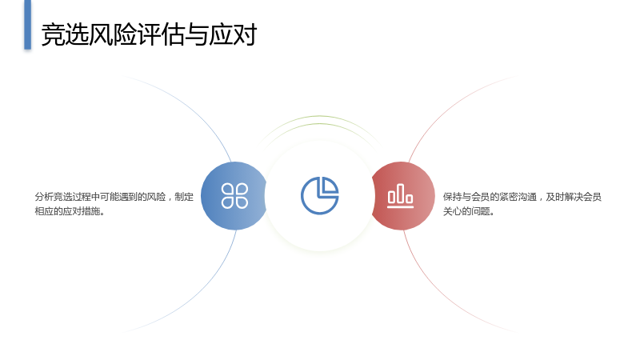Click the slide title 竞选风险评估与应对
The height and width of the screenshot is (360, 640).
(x=149, y=34)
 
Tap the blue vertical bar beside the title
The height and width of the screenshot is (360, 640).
(x=27, y=25)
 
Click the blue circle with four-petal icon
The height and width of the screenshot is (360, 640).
(x=234, y=196)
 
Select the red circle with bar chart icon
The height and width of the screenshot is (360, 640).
(x=402, y=196)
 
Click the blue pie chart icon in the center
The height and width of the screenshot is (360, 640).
(x=319, y=195)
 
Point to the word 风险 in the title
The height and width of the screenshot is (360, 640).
(x=113, y=34)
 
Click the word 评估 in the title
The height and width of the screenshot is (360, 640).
(x=161, y=34)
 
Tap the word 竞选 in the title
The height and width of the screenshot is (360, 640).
(x=66, y=34)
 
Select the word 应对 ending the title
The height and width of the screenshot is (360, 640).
(x=233, y=34)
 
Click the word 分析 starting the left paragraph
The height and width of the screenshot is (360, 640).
(x=44, y=197)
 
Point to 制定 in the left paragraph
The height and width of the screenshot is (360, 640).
(x=184, y=197)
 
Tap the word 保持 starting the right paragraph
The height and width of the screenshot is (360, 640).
(x=453, y=197)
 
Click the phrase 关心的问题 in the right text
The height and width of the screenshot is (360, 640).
(x=466, y=211)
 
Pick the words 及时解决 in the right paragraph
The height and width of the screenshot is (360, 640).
(x=565, y=197)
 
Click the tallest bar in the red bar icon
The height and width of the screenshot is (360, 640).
(x=401, y=193)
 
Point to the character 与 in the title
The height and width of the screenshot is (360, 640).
(x=197, y=34)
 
